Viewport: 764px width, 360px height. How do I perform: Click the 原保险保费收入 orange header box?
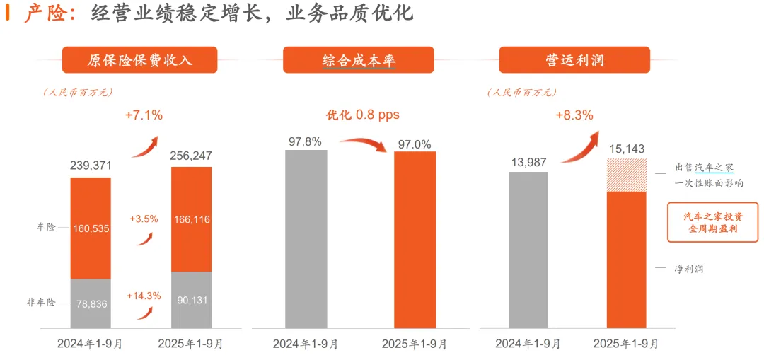pyautogui.click(x=139, y=60)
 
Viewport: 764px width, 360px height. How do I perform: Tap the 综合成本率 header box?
pyautogui.click(x=359, y=60)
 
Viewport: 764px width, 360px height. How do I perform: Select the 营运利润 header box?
pyautogui.click(x=574, y=60)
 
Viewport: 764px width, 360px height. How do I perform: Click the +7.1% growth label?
pyautogui.click(x=144, y=114)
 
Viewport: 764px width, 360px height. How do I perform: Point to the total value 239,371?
pyautogui.click(x=91, y=166)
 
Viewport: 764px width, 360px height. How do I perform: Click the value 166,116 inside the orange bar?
pyautogui.click(x=191, y=220)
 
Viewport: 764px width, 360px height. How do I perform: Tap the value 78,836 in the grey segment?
pyautogui.click(x=91, y=303)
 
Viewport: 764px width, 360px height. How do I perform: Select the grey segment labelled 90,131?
pyautogui.click(x=191, y=300)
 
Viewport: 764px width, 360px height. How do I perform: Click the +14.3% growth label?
pyautogui.click(x=144, y=296)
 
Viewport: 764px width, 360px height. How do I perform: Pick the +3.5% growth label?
pyautogui.click(x=144, y=219)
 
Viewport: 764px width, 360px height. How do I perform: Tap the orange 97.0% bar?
pyautogui.click(x=415, y=240)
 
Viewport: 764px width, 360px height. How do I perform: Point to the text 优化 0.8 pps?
pyautogui.click(x=362, y=115)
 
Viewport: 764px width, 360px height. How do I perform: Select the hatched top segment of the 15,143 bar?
pyautogui.click(x=626, y=175)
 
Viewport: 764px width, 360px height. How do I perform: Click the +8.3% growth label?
pyautogui.click(x=574, y=115)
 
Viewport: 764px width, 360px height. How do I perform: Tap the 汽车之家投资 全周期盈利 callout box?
pyautogui.click(x=712, y=223)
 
